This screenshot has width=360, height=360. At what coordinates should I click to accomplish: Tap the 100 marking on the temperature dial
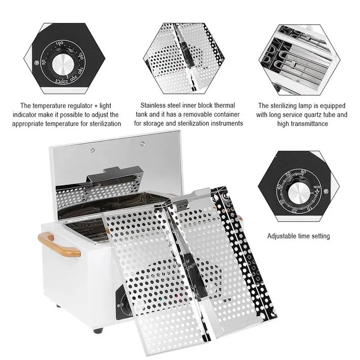tap(59, 43)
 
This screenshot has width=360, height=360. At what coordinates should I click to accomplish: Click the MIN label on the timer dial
tap(318, 186)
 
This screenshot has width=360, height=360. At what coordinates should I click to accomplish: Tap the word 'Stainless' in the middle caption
tap(154, 105)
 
